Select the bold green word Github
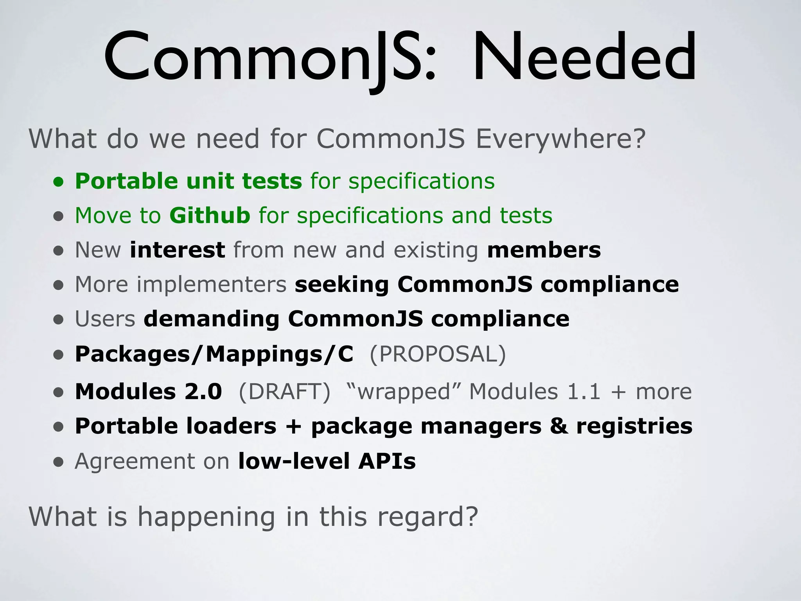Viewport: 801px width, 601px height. (x=210, y=215)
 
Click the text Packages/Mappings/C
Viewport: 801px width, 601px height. (x=214, y=354)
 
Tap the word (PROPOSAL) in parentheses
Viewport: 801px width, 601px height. (x=438, y=354)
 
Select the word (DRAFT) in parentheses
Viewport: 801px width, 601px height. (x=285, y=391)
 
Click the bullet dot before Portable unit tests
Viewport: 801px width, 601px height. (x=59, y=182)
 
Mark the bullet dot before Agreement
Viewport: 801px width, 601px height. (x=59, y=462)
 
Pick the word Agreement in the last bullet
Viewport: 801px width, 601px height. (x=135, y=461)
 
